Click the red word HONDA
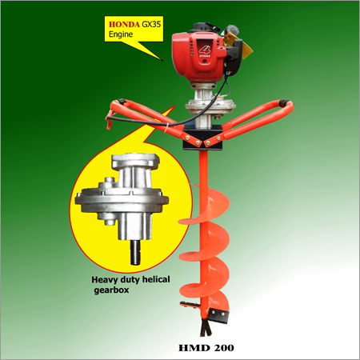pyautogui.click(x=124, y=25)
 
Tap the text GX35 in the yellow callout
pyautogui.click(x=151, y=24)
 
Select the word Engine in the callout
pyautogui.click(x=121, y=34)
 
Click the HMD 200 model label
pyautogui.click(x=206, y=348)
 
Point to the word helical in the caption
pyautogui.click(x=156, y=279)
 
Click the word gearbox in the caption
pyautogui.click(x=111, y=290)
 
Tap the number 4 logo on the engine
pyautogui.click(x=206, y=50)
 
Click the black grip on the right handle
pyautogui.click(x=284, y=102)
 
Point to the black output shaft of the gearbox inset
pyautogui.click(x=135, y=252)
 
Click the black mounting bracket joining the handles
pyautogui.click(x=202, y=138)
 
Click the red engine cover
pyautogui.click(x=198, y=56)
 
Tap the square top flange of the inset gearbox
pyautogui.click(x=135, y=161)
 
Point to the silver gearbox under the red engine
pyautogui.click(x=210, y=106)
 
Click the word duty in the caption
pyautogui.click(x=130, y=280)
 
